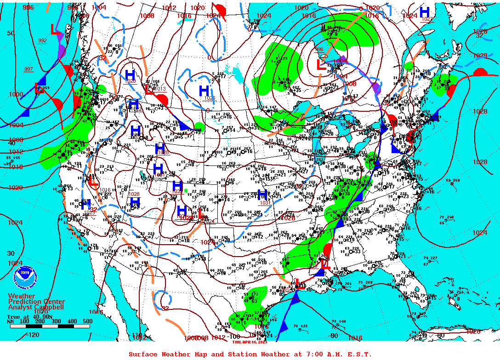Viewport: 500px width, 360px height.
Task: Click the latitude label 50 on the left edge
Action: point(11,33)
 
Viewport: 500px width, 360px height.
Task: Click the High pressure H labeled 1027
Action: point(425,12)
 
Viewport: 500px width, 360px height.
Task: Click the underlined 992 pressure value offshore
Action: point(42,40)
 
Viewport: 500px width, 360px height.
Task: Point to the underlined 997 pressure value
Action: point(28,69)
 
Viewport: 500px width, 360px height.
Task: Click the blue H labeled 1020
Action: point(130,74)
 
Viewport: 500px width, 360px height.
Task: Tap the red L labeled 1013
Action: point(149,89)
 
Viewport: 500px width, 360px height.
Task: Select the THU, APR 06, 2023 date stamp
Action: point(250,342)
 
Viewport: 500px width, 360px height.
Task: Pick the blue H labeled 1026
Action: point(204,91)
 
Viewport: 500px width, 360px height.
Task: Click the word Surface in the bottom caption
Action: point(143,354)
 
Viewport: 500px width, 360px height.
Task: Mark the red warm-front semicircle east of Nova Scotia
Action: point(480,72)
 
